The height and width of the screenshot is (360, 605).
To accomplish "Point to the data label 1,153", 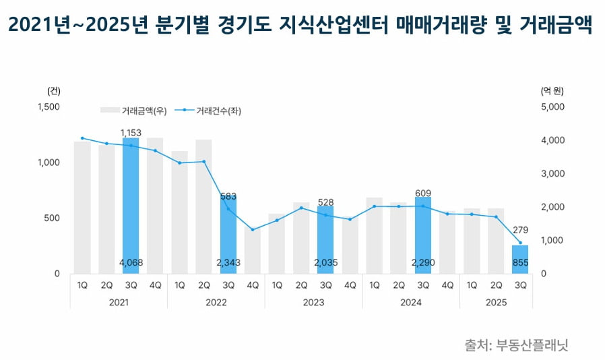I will click(x=131, y=133).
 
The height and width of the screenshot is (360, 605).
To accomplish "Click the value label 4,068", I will click(x=131, y=263).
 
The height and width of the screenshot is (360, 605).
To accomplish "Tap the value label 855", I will click(x=520, y=263).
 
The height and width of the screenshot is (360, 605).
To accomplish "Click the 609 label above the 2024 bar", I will click(x=422, y=193).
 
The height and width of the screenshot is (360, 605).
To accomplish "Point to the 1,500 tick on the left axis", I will click(x=48, y=107).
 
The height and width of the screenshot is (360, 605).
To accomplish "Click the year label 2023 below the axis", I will click(x=313, y=303).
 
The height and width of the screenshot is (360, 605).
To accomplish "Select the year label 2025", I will click(x=496, y=303).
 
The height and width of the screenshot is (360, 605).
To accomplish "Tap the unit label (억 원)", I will click(x=552, y=90).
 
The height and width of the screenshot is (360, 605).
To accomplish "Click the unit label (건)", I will click(x=54, y=90).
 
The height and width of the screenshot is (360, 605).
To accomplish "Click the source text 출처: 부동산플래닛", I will click(x=517, y=345).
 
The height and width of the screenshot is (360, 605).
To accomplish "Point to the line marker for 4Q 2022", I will click(x=252, y=230).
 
